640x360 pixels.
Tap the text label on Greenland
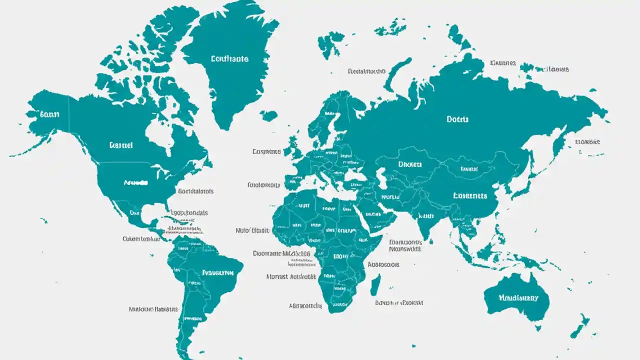coord(229,58)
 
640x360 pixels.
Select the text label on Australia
coord(518,297)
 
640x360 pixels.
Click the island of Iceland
coord(268,116)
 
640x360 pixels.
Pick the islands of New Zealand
coord(580,325)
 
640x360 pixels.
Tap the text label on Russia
coord(457,119)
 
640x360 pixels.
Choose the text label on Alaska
coord(49,114)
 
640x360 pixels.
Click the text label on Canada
coord(120,145)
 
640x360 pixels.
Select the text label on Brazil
coord(217,273)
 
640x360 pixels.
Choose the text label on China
coord(469,195)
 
